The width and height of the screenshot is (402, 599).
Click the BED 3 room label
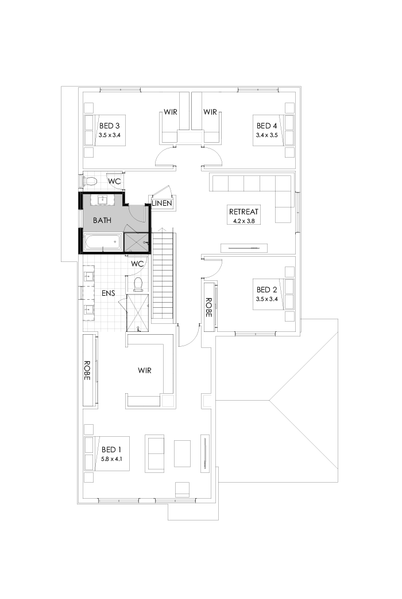click(x=109, y=126)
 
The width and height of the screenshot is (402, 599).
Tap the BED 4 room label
click(x=267, y=126)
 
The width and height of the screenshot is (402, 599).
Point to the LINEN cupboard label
click(x=163, y=203)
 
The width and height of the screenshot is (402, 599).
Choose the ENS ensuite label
click(x=109, y=293)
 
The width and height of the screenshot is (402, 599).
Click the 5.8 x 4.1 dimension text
click(x=112, y=459)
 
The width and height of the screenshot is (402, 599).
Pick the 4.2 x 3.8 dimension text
click(x=243, y=221)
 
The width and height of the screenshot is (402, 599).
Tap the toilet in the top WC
click(x=90, y=182)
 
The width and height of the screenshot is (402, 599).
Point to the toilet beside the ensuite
click(x=138, y=284)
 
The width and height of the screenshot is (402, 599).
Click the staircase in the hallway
click(x=163, y=275)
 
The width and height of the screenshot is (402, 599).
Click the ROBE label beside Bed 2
click(x=208, y=307)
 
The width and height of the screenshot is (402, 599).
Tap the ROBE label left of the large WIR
click(x=88, y=371)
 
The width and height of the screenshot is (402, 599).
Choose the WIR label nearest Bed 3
click(x=170, y=112)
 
